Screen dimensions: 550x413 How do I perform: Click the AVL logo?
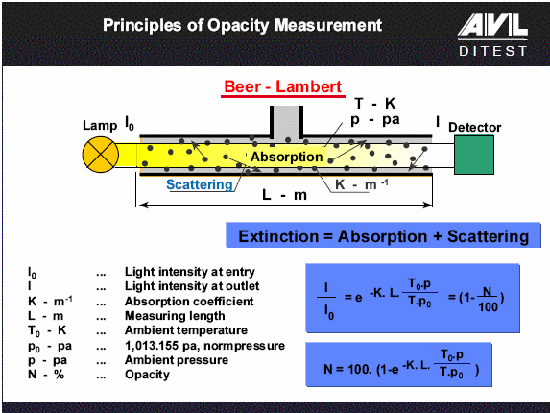point(492,25)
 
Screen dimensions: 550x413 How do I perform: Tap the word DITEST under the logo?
point(493,51)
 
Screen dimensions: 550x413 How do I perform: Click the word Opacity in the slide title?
point(238,26)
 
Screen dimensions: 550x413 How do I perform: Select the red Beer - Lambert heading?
point(283,86)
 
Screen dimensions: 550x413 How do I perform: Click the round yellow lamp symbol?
point(101,155)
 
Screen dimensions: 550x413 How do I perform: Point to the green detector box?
point(474,155)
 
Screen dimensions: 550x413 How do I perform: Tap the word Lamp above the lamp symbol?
point(100,125)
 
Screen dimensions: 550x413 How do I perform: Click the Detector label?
point(474,127)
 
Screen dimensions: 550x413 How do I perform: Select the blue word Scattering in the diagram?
point(200,185)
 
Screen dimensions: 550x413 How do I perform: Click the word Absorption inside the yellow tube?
point(287,157)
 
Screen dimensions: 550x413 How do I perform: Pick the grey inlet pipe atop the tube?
point(286,122)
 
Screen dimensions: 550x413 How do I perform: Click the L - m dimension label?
point(284,194)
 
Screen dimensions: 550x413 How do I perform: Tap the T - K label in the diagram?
point(375,104)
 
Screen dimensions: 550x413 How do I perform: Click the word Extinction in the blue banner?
point(278,236)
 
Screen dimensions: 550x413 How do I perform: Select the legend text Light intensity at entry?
point(190,272)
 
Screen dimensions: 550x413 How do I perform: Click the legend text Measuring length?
point(175,316)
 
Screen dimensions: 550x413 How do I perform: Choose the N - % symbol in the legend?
point(46,375)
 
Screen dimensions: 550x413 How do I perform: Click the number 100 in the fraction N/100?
point(488,307)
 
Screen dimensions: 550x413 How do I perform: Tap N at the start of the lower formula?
point(328,369)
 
